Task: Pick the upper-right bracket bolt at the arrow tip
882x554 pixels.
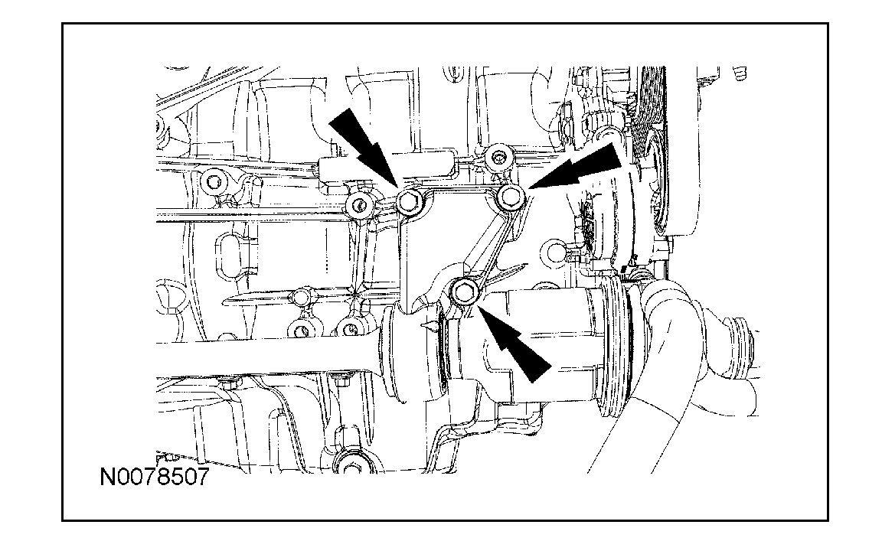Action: click(x=511, y=198)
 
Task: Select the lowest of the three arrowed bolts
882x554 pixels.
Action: click(x=463, y=291)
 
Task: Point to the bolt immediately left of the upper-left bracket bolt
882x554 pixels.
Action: click(x=358, y=205)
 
